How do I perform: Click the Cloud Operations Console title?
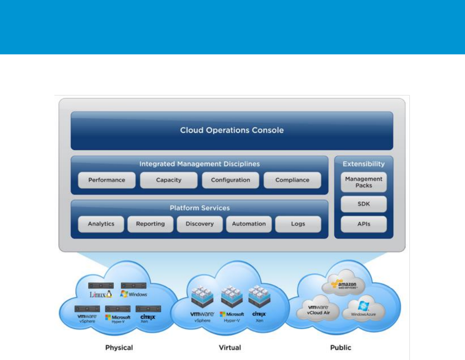click(232, 130)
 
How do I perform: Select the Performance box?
click(106, 180)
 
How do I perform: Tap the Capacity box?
click(168, 180)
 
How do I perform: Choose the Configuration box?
click(230, 180)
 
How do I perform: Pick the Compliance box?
click(292, 180)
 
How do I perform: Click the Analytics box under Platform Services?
click(101, 224)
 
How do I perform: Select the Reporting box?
click(150, 224)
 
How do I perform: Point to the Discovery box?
click(200, 224)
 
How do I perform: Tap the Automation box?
click(249, 224)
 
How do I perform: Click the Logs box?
click(298, 224)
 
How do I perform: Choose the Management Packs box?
click(363, 182)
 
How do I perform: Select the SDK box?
click(363, 204)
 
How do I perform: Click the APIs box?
click(363, 224)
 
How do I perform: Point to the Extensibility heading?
click(363, 164)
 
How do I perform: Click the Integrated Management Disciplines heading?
click(200, 164)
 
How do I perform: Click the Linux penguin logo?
click(109, 294)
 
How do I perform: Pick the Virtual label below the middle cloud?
click(230, 347)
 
